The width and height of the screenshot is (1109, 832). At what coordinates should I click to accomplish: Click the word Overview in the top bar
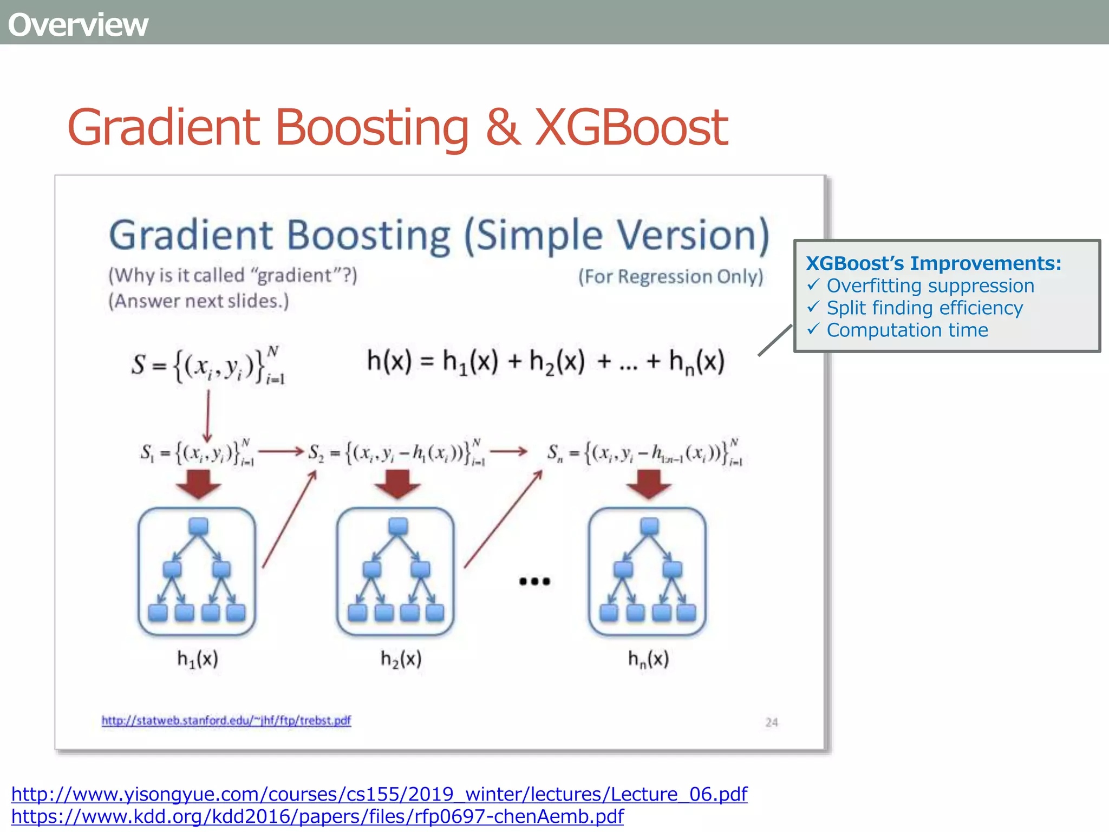click(x=78, y=25)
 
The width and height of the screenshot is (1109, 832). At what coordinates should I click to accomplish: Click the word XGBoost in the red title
click(x=631, y=128)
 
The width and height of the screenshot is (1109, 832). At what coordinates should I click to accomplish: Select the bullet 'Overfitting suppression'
click(x=930, y=285)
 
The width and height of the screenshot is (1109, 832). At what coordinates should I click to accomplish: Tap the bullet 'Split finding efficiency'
click(x=924, y=308)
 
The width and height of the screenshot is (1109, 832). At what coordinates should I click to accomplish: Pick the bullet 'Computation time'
click(x=907, y=330)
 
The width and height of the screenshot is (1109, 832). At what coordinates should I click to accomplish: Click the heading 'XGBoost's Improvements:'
click(x=933, y=263)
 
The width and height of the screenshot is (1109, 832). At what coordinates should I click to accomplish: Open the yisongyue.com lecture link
click(x=379, y=794)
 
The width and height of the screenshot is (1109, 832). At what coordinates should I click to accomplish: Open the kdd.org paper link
click(x=317, y=816)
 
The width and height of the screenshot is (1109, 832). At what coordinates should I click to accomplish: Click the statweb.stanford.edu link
click(x=226, y=720)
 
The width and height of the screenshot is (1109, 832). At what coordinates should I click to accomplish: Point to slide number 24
click(x=772, y=722)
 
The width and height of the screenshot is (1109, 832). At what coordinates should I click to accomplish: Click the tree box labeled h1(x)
click(x=197, y=571)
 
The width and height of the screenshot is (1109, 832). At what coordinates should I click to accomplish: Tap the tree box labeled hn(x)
click(x=648, y=571)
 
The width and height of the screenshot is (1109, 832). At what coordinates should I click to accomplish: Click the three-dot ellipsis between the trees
click(x=534, y=581)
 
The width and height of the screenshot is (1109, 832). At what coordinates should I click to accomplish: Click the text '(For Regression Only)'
click(x=670, y=277)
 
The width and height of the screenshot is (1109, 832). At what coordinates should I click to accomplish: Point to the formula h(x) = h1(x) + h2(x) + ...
click(x=545, y=361)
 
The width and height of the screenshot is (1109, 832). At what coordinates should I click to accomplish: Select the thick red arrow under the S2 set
click(x=397, y=484)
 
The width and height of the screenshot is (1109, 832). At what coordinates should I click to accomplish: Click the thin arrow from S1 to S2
click(x=280, y=451)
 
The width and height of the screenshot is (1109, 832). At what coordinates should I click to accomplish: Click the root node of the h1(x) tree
click(x=198, y=526)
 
